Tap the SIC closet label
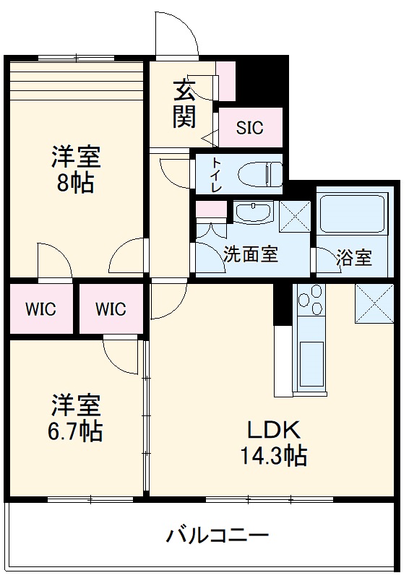249,129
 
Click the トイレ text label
216,174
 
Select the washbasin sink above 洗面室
251,213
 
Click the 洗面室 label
250,255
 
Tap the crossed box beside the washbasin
294,215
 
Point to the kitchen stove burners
310,301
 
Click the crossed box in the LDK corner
374,303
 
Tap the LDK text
274,430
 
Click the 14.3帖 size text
274,456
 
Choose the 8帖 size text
75,183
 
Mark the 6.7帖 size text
75,431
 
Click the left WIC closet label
40,309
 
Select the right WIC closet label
111,309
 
